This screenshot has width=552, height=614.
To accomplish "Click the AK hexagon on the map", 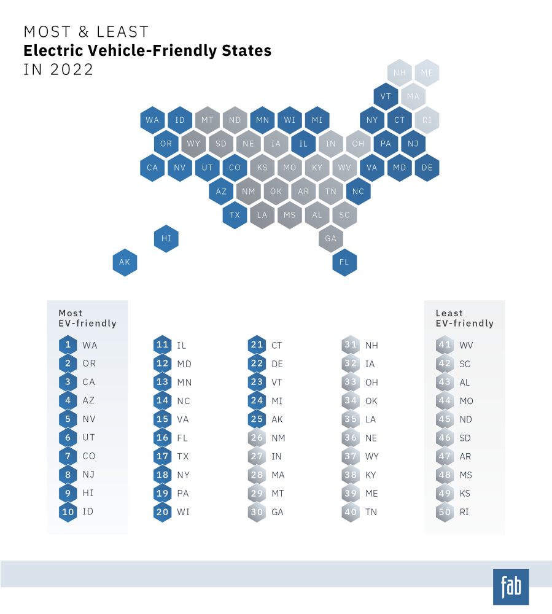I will point(125,262).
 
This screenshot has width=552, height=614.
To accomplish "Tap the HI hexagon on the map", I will point(166,238).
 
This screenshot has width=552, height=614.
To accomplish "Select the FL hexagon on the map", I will point(344,262).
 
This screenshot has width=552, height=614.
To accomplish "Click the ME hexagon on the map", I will point(427,72).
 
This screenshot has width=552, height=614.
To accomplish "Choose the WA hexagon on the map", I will point(152,120).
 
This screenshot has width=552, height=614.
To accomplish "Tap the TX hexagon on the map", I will point(235,215).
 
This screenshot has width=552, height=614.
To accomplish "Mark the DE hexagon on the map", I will point(427,168).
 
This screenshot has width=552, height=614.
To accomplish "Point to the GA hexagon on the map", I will point(331,238).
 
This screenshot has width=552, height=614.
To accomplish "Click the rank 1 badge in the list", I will point(68,345).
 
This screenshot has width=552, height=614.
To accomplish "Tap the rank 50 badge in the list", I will point(445,512).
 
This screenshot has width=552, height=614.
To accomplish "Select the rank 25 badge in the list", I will point(257,419).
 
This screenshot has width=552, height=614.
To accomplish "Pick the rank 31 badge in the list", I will point(351,345).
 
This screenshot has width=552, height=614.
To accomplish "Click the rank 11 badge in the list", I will point(162,345).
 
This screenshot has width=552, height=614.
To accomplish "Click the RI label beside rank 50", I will point(464,512).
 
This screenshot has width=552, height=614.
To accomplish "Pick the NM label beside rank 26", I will point(278,438).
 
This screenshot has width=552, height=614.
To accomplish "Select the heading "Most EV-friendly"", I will point(87,318).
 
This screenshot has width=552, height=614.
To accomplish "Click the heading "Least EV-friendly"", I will point(464,318).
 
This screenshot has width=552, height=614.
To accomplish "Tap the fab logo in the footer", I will point(510,587).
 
